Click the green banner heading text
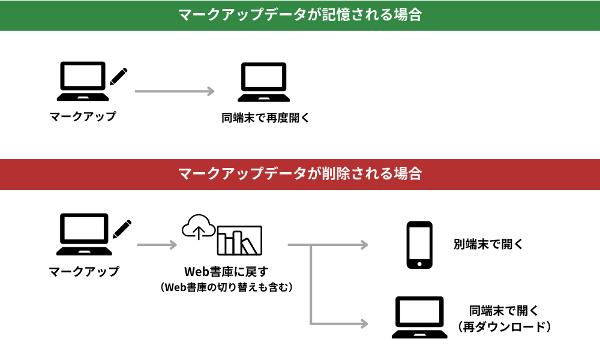(x=300, y=14)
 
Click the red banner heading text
(x=300, y=173)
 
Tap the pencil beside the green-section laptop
(x=118, y=77)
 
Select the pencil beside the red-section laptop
(x=122, y=229)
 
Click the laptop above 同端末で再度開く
(x=263, y=82)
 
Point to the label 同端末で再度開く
(x=265, y=118)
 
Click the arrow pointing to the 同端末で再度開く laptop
(x=175, y=91)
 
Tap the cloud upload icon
(x=198, y=227)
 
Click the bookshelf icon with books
(x=239, y=240)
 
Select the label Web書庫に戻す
(x=226, y=272)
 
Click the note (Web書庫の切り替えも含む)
(x=226, y=287)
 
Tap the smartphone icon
(x=419, y=245)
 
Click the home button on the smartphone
(x=419, y=264)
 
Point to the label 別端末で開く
(x=488, y=244)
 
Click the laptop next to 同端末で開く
(x=419, y=317)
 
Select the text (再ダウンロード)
(x=505, y=327)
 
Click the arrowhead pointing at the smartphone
(x=364, y=245)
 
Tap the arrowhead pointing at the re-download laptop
(x=364, y=323)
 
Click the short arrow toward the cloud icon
(x=157, y=245)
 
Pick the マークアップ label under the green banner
(x=83, y=116)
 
